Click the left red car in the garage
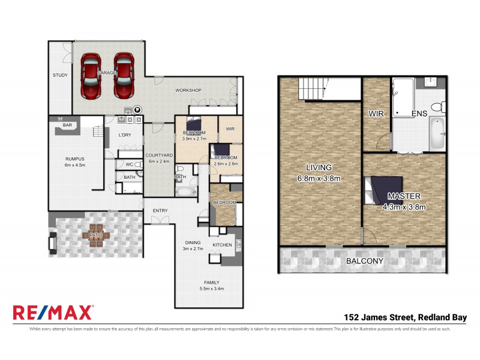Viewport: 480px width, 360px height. click(91, 76)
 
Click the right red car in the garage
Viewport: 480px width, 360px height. click(124, 76)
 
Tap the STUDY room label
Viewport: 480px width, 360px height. click(60, 75)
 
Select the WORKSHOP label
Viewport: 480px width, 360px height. click(187, 91)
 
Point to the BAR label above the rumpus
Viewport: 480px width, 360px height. click(68, 125)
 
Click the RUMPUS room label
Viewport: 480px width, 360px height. click(76, 159)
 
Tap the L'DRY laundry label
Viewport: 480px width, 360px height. click(125, 135)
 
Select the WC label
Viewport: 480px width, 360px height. click(129, 164)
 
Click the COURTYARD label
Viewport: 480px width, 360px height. click(160, 155)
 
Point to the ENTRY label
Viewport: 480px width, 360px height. click(160, 211)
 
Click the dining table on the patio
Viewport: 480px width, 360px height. click(96, 235)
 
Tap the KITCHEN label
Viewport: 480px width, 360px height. click(223, 245)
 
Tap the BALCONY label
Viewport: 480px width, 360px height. click(365, 261)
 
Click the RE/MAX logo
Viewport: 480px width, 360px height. click(53, 313)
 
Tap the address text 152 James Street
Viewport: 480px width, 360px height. click(379, 317)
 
